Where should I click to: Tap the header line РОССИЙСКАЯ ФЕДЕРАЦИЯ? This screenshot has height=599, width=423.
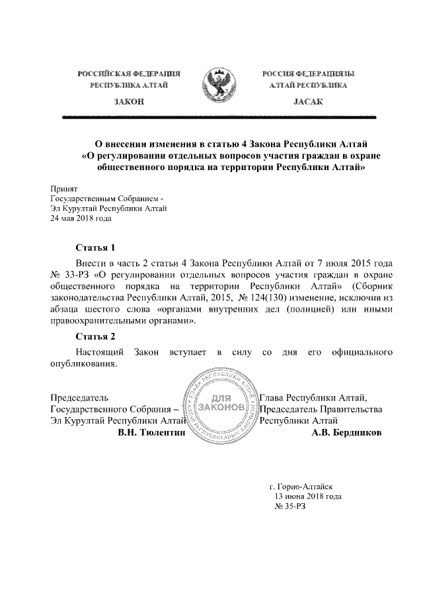(129, 73)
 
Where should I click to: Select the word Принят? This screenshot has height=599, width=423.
(65, 189)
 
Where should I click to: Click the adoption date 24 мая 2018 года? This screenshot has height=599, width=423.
(81, 218)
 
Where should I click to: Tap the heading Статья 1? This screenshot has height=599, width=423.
(95, 248)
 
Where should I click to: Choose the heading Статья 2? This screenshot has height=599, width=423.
(95, 336)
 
